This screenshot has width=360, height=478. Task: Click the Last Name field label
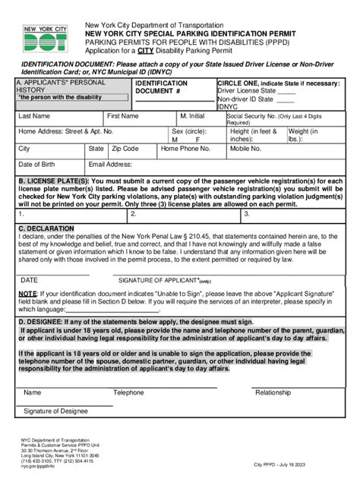[35, 116]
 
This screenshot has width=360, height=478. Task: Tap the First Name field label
[123, 116]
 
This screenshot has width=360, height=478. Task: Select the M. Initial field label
[193, 116]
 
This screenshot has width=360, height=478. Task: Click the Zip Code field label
[125, 149]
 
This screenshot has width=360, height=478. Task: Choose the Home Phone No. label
[185, 149]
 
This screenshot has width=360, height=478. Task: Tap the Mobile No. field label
[246, 149]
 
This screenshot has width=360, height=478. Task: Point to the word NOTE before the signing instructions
[27, 293]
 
